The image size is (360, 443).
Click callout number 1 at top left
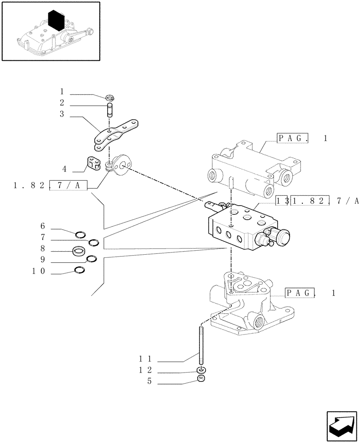click(x=62, y=92)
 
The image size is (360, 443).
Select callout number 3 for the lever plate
click(x=62, y=114)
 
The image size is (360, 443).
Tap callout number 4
click(x=64, y=169)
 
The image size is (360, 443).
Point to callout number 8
click(x=43, y=249)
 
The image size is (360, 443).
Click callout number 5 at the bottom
click(x=150, y=381)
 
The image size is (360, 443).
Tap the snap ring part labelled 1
click(x=111, y=97)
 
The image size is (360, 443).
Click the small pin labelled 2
click(x=110, y=109)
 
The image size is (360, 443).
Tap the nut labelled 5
click(x=201, y=378)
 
